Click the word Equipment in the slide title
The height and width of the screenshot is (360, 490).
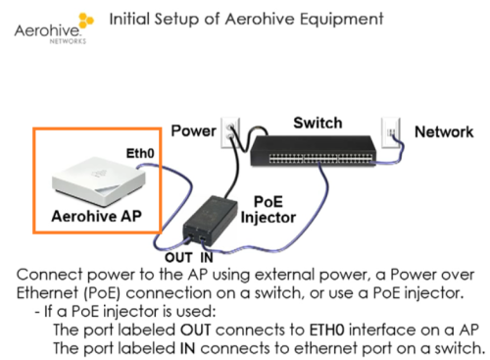tap(342, 20)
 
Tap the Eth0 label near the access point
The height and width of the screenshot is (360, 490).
tap(140, 153)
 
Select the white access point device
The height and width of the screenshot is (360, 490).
tap(99, 180)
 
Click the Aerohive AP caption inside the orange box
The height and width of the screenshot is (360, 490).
tap(96, 216)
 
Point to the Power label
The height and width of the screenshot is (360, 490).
tap(193, 130)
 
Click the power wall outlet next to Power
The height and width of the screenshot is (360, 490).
tap(230, 133)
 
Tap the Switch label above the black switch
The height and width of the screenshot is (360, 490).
tap(318, 123)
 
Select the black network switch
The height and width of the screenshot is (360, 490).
tap(313, 151)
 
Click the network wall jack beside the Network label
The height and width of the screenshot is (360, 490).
tap(391, 133)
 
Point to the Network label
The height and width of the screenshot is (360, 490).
tap(444, 132)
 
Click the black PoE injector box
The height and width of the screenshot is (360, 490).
tap(211, 221)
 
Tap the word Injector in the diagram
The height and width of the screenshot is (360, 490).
tap(269, 218)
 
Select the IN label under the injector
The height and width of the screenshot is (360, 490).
tap(207, 258)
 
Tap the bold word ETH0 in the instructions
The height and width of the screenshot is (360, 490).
tap(326, 330)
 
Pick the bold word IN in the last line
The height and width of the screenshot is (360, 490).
tap(187, 348)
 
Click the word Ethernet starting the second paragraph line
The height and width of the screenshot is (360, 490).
tap(48, 293)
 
